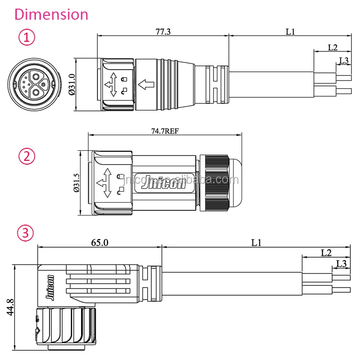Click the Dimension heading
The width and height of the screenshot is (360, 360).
coord(51,14)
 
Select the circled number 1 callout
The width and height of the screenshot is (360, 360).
coord(26,37)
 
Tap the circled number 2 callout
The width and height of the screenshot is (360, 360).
coord(26,156)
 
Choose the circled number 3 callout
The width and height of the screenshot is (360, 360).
coord(26,234)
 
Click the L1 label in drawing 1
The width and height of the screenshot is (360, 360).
coord(290,32)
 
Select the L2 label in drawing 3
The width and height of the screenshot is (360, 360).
coord(326,252)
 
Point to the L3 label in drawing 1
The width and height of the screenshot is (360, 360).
coord(344,60)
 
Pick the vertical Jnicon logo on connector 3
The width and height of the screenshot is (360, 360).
coord(49,288)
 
